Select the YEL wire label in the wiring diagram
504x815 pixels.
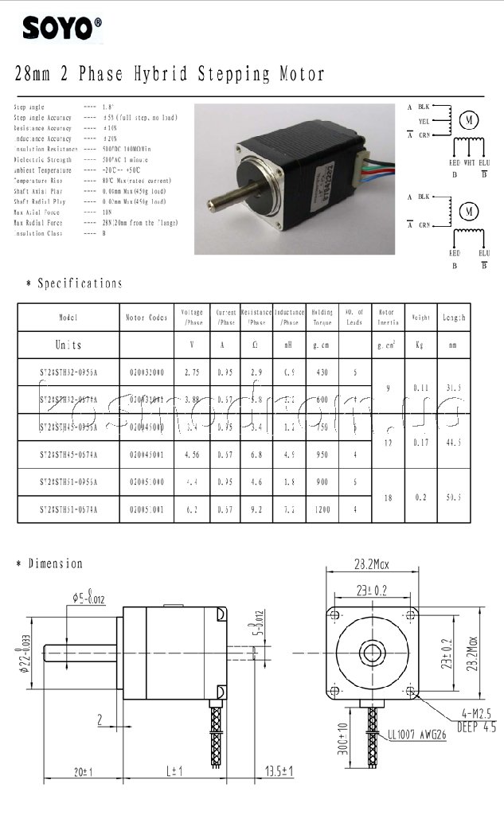coord(424,121)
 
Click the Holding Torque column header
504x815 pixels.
coord(322,318)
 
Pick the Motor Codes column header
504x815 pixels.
coord(147,318)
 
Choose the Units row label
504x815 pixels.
coord(68,345)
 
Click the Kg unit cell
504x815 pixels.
coord(420,345)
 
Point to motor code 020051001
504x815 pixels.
coord(147,508)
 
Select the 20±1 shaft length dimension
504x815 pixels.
coord(83,771)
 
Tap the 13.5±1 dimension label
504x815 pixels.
coord(280,771)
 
